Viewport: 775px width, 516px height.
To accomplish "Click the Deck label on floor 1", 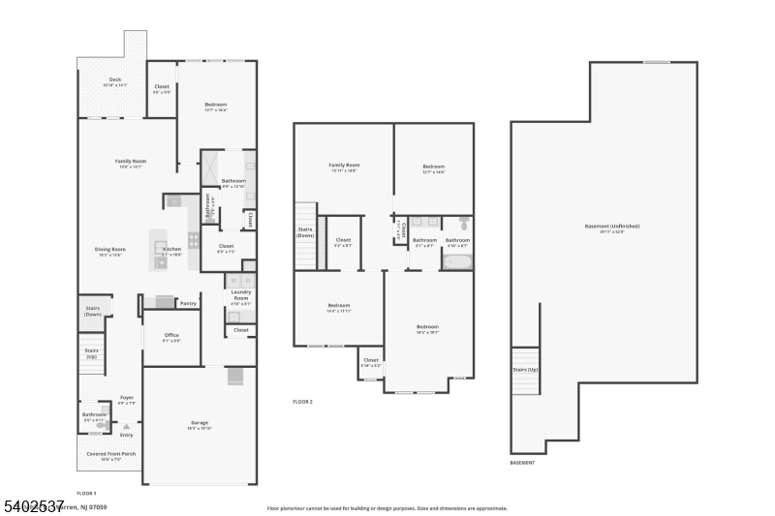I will click(x=115, y=80).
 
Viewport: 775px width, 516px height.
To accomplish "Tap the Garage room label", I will click(x=200, y=423).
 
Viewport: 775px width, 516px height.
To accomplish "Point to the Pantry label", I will click(x=188, y=304).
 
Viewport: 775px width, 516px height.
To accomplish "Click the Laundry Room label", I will click(x=240, y=294).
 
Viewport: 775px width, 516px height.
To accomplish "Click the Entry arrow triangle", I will click(x=126, y=426).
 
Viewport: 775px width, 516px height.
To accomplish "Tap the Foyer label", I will click(x=127, y=397).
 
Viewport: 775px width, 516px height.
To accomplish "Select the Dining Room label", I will click(x=110, y=250).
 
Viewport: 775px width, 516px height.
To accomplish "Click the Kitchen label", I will click(x=171, y=250).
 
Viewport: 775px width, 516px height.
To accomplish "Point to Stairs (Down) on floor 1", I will click(x=93, y=311).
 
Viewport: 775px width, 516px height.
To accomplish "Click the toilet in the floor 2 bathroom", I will click(x=463, y=223).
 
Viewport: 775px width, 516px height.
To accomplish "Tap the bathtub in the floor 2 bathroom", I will click(x=457, y=261).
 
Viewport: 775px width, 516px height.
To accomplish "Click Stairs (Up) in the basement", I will click(x=525, y=370).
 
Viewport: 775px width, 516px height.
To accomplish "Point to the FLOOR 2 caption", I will click(x=303, y=402).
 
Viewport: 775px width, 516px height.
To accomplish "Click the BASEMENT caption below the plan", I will click(x=522, y=463).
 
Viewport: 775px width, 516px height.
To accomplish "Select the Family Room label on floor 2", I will click(x=344, y=167).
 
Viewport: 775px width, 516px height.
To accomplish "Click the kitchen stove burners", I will click(x=194, y=240).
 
